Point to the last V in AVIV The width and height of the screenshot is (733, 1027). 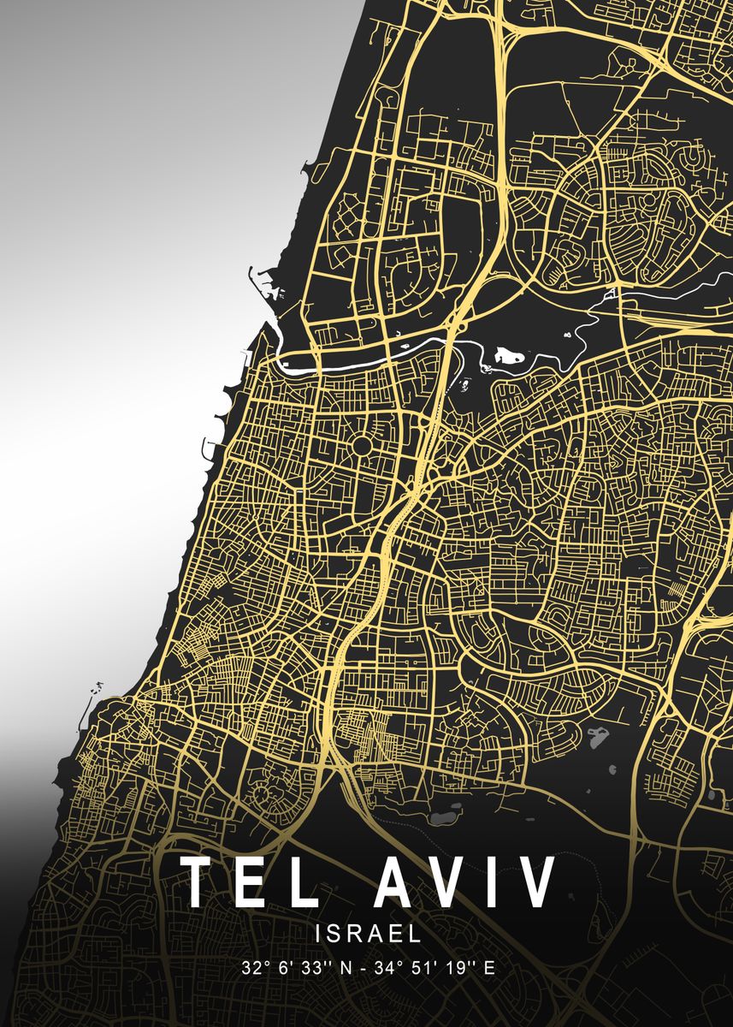click(536, 881)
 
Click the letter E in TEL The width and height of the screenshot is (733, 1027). click(260, 881)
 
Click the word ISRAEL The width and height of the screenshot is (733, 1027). click(368, 932)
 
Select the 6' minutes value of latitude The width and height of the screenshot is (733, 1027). click(286, 969)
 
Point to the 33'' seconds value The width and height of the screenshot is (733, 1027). click(316, 969)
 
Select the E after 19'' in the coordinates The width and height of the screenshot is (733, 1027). click(488, 969)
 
